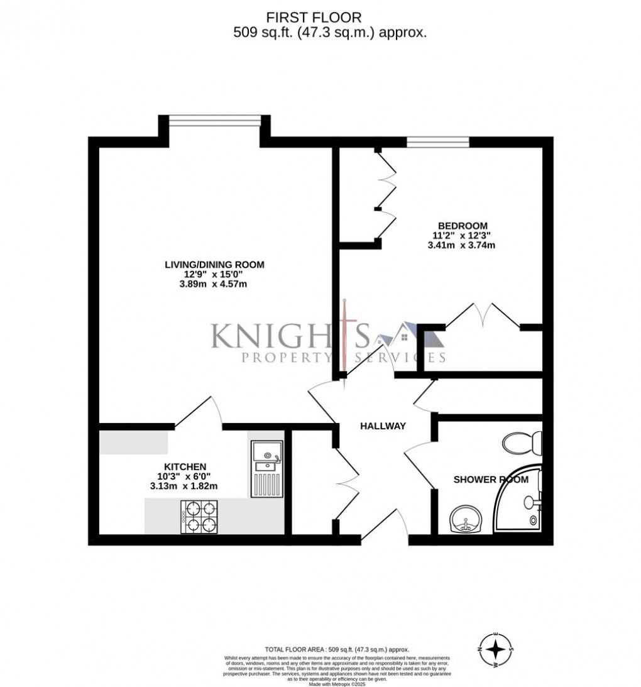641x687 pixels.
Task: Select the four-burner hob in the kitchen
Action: click(x=199, y=517)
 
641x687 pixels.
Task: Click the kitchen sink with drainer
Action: click(x=267, y=468)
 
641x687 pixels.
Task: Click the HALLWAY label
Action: click(x=383, y=426)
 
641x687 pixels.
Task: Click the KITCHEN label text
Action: click(x=185, y=466)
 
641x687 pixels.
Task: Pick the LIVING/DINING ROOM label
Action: click(x=214, y=265)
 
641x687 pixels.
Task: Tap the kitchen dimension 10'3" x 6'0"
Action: click(x=185, y=476)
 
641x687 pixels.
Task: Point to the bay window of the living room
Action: click(x=214, y=119)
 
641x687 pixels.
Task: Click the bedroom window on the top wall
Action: click(x=437, y=142)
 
